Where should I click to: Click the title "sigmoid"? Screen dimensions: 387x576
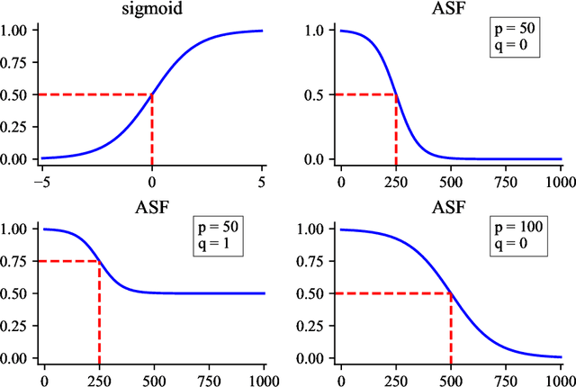152,10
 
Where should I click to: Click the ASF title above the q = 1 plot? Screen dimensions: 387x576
152,208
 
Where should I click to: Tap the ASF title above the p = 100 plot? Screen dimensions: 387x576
449,208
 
